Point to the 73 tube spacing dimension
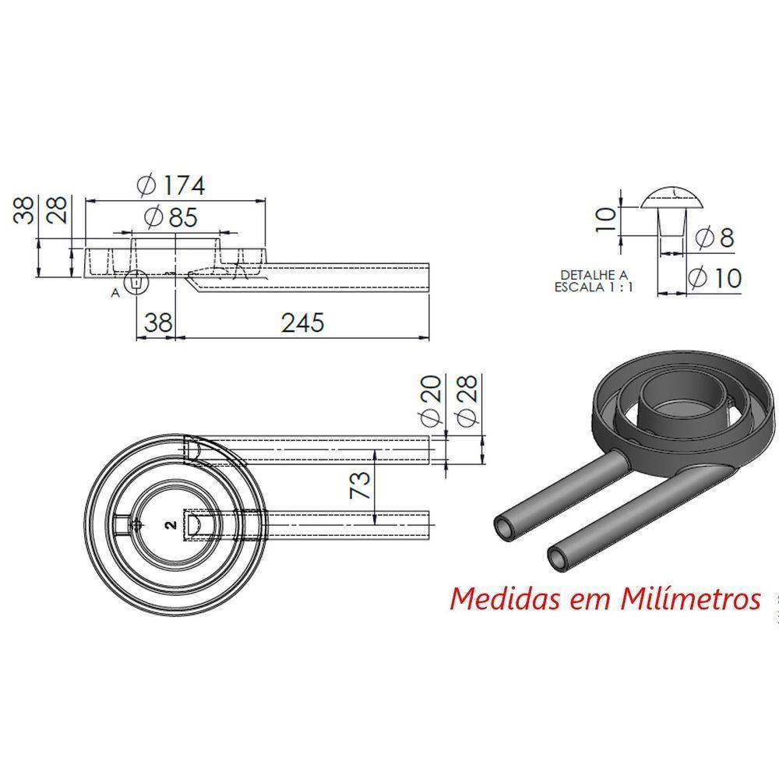359,485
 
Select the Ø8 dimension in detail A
716,238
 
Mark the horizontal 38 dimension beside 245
157,323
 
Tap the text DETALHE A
594,274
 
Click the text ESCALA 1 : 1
594,286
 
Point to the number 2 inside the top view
169,526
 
